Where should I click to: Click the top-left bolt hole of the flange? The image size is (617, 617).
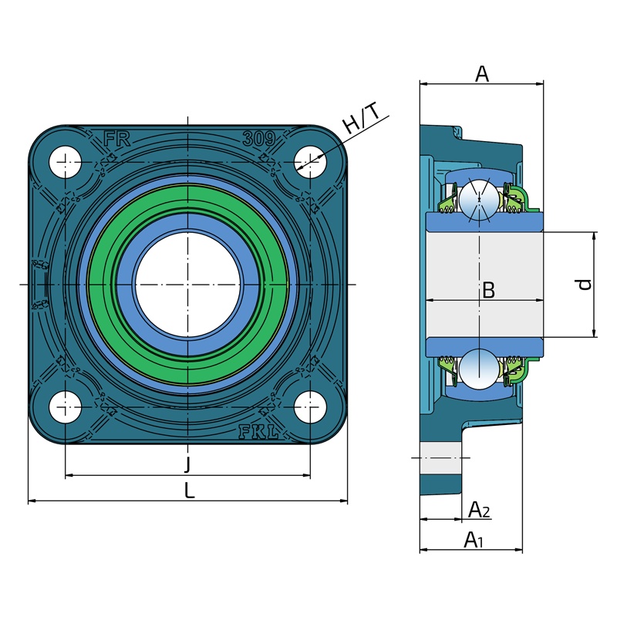pos(66,162)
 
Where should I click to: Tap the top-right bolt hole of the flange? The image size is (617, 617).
pos(311,162)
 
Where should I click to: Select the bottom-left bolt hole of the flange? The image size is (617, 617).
pos(66,407)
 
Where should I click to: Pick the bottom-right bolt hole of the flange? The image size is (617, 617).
pos(311,407)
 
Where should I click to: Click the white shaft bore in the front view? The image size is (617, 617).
pos(188,285)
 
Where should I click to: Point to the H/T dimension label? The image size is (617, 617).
pos(361,118)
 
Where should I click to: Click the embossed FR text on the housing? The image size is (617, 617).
pos(117,139)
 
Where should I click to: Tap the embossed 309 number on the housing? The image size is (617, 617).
pos(258,139)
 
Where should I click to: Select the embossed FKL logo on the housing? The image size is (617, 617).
pos(258,432)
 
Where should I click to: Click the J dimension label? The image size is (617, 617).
pos(188,464)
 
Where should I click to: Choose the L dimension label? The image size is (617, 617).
pos(190,491)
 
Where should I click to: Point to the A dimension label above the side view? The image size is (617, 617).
pos(481,73)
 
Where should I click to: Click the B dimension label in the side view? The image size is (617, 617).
pos(488,291)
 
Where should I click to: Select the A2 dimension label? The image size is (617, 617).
pos(479,510)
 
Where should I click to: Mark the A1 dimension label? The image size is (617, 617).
pos(474,539)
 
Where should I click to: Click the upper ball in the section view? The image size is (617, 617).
pos(479,199)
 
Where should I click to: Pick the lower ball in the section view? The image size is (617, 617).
pos(479,369)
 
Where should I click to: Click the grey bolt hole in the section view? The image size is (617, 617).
pos(440,458)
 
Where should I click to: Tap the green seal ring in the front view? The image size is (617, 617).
pos(188,285)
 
